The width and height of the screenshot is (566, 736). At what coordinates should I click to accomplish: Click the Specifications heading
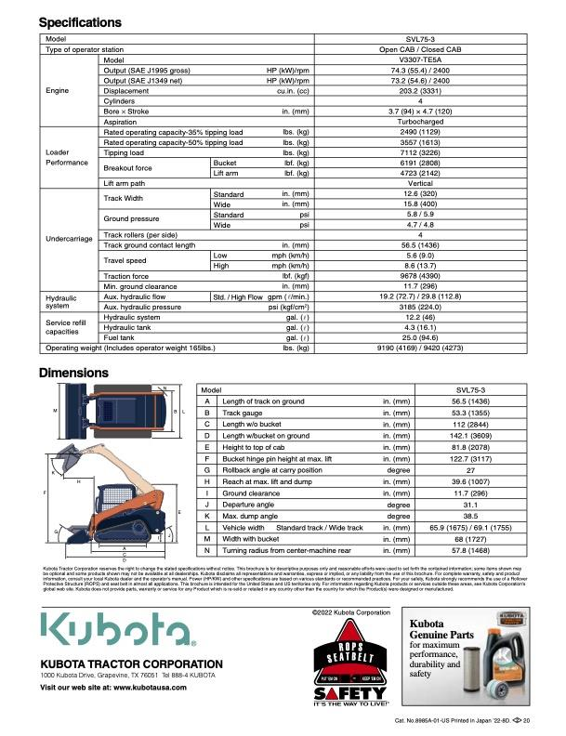point(80,21)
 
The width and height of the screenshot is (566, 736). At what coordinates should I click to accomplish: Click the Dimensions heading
point(73,374)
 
